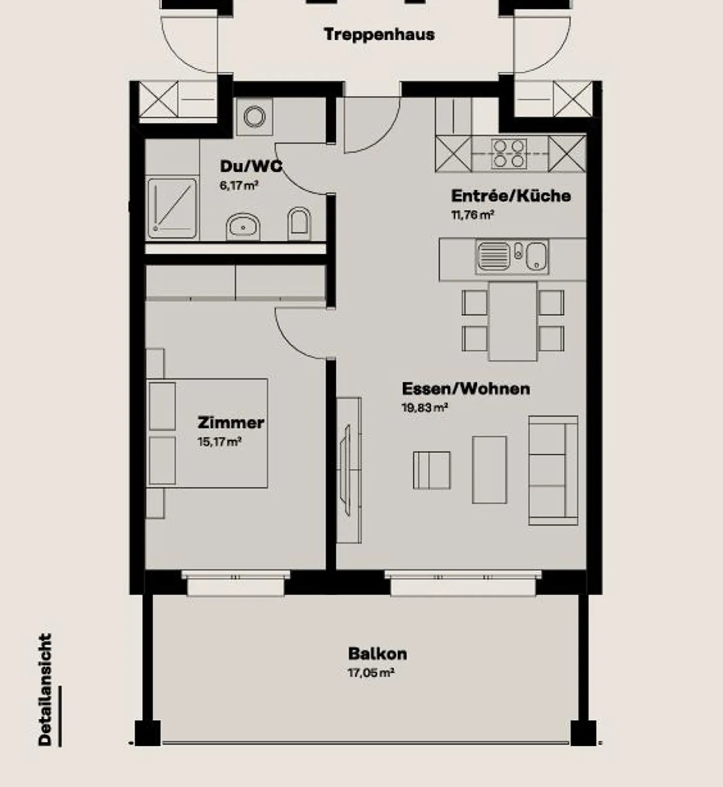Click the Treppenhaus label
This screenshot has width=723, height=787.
(x=379, y=35)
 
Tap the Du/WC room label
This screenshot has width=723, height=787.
(x=251, y=166)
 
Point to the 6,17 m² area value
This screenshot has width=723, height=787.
(x=239, y=185)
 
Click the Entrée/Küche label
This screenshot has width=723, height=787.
(x=511, y=195)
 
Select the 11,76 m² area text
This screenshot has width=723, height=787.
(x=473, y=215)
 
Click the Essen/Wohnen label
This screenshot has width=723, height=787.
(x=466, y=388)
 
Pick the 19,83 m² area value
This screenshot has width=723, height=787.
(x=425, y=408)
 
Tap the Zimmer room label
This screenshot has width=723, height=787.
(x=231, y=423)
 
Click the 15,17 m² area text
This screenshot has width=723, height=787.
(x=220, y=442)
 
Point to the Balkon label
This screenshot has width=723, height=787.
(x=378, y=653)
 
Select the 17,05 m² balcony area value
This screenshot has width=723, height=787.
(x=371, y=673)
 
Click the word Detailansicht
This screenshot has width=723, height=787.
(x=45, y=690)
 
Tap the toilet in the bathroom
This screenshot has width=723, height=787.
(x=299, y=224)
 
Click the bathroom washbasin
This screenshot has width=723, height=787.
(x=244, y=227)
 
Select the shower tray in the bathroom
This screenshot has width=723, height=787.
(x=172, y=208)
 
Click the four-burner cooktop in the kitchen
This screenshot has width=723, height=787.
(x=509, y=154)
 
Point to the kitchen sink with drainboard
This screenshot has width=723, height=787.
(x=512, y=256)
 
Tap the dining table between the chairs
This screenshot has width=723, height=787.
(x=513, y=321)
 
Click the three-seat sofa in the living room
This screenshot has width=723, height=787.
(x=553, y=470)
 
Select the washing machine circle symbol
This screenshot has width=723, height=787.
(x=255, y=116)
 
